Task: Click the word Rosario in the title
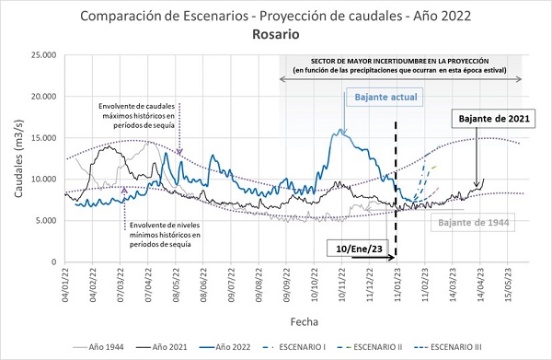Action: click(x=276, y=34)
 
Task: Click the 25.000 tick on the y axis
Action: click(x=44, y=55)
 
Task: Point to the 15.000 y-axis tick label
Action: click(x=44, y=138)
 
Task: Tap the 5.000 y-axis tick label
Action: click(x=46, y=220)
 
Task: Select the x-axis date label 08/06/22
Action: click(x=204, y=285)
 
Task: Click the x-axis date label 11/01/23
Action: click(x=397, y=285)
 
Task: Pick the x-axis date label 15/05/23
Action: click(x=508, y=285)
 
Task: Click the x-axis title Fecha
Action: click(x=305, y=321)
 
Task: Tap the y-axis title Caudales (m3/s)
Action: click(x=18, y=158)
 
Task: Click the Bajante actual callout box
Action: click(x=385, y=97)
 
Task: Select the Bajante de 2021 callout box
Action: click(x=493, y=119)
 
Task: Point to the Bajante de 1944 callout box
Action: click(x=473, y=222)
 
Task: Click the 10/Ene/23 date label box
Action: click(x=359, y=249)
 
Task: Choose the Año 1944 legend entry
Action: click(x=98, y=347)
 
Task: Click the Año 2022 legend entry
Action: click(x=225, y=347)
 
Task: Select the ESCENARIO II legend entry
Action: click(x=370, y=347)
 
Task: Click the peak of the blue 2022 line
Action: click(x=339, y=129)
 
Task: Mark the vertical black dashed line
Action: click(x=396, y=189)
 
